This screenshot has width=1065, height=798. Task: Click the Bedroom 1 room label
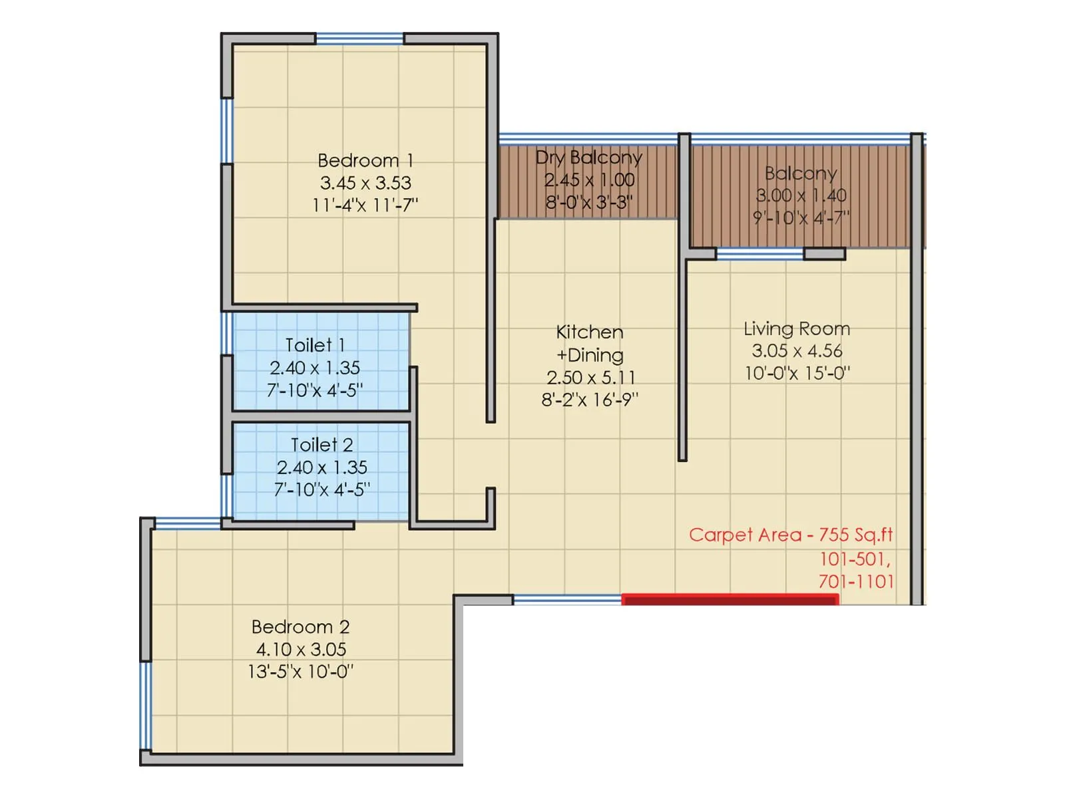[x=365, y=160]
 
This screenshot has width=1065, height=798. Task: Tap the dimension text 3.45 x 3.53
[x=365, y=183]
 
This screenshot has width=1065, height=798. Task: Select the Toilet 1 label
[x=315, y=345]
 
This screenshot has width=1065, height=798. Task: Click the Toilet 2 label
[x=322, y=445]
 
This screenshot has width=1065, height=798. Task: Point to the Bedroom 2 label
[x=300, y=627]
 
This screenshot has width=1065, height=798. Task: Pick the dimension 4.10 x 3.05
[x=301, y=650]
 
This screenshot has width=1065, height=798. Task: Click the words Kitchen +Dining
[x=590, y=343]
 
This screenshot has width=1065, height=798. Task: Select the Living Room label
[x=797, y=329]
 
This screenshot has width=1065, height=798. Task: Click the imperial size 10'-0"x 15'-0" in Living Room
[x=797, y=373]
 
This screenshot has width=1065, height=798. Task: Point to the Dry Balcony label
[x=589, y=158]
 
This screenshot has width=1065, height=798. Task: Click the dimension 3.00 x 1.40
[x=801, y=196]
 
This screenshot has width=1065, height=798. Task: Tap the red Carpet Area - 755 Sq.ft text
[x=791, y=535]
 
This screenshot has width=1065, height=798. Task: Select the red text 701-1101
[x=856, y=582]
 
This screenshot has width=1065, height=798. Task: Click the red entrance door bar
[x=730, y=600]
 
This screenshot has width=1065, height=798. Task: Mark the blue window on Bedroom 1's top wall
[x=359, y=39]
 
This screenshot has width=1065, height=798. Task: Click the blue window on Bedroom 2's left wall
[x=145, y=705]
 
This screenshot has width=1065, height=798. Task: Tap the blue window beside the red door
[x=567, y=600]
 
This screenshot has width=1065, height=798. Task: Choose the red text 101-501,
[x=855, y=559]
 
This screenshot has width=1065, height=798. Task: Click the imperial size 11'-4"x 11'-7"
[x=365, y=205]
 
